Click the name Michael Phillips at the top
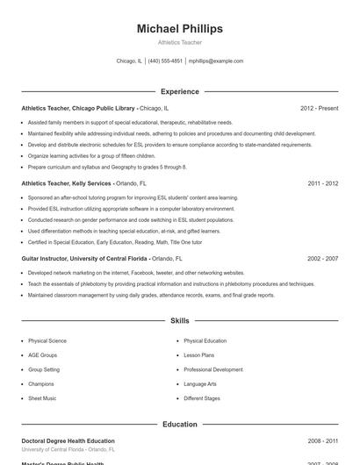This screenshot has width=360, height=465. [180, 29]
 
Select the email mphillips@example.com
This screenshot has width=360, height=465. [216, 61]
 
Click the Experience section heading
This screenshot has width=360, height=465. [180, 91]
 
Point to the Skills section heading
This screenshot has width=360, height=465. [180, 321]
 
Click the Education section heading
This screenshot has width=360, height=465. [180, 424]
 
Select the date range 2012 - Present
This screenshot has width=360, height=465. [319, 108]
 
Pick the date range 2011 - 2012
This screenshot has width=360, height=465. [322, 183]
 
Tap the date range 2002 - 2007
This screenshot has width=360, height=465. [322, 259]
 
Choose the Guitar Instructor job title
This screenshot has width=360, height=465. [84, 259]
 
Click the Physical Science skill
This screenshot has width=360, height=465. [47, 340]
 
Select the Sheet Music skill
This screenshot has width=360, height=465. [42, 398]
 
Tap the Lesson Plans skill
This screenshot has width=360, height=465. [198, 355]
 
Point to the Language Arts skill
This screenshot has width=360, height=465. [200, 384]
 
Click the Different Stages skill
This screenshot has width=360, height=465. [201, 398]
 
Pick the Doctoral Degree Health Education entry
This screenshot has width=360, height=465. [68, 440]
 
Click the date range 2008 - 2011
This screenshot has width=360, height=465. [322, 440]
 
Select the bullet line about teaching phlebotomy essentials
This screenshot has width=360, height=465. [171, 284]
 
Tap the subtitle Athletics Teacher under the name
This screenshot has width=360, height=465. [180, 42]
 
